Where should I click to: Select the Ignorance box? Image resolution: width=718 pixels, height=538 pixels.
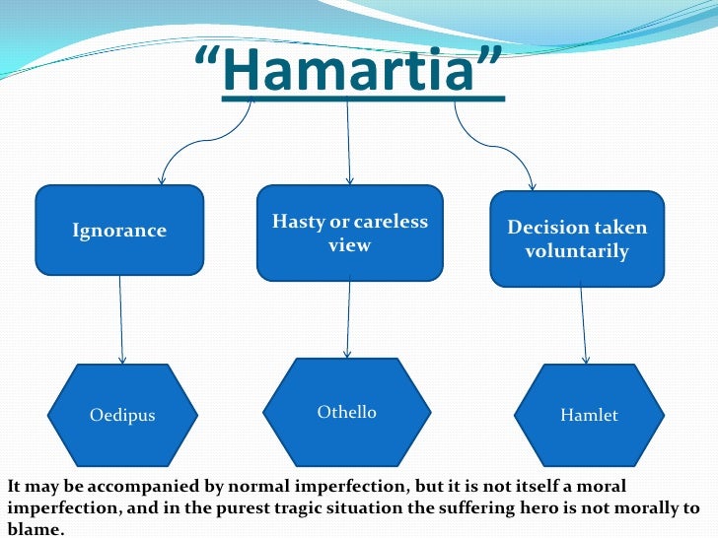coord(119,231)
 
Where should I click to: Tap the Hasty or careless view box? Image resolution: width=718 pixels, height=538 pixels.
coord(349,233)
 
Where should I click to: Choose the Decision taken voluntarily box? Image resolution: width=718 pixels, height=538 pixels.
coord(577,239)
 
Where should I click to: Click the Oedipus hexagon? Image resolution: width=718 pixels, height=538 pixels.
coord(122,415)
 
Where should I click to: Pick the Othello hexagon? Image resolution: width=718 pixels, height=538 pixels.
coord(347,412)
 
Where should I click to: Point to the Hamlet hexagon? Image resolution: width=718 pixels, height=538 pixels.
coord(589,415)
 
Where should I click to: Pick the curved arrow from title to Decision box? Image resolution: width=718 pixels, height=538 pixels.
coord(498,148)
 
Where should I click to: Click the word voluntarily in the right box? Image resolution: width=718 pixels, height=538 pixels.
coord(577,251)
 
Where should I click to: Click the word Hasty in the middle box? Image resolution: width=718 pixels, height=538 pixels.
coord(299,222)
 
